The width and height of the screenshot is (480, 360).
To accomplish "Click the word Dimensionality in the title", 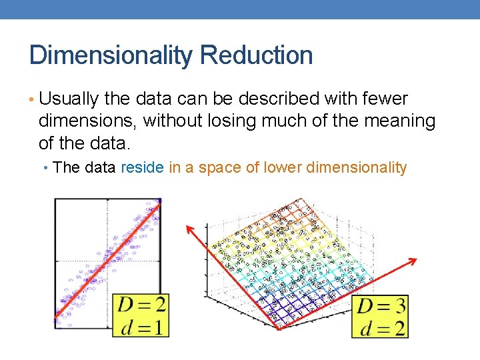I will [110, 55].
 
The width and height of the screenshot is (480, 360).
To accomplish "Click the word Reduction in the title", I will [256, 55].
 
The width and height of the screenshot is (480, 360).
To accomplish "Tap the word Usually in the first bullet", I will [69, 99].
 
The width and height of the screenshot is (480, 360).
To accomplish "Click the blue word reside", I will [142, 167].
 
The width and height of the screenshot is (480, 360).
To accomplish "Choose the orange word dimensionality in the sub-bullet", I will [356, 167].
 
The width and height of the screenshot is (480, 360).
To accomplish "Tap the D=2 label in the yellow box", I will [141, 305].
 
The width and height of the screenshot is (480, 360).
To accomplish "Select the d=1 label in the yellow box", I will [141, 327].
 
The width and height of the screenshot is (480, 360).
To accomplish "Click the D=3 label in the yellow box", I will [381, 307].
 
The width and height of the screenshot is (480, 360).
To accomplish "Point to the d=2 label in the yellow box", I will [381, 328].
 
